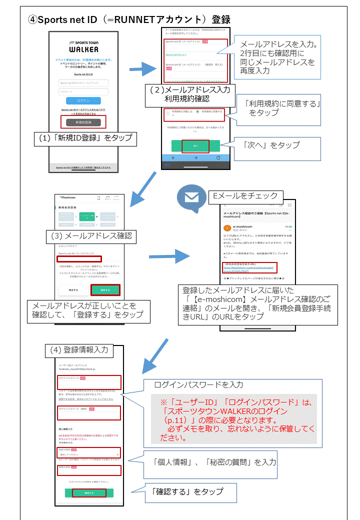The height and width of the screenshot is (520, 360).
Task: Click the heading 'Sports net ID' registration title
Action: [x=129, y=19]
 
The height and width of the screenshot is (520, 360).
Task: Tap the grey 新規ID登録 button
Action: [x=83, y=122]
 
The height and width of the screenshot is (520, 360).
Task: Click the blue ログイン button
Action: [x=83, y=100]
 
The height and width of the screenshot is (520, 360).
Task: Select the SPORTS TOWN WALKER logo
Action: [x=83, y=46]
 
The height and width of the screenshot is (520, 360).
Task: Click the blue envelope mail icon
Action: [x=191, y=197]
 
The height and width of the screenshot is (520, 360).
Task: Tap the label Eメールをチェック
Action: [x=245, y=195]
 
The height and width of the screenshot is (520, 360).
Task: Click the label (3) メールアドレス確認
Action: [x=91, y=235]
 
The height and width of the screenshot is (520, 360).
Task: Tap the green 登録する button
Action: [x=105, y=289]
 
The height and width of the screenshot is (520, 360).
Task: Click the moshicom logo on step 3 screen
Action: [x=70, y=198]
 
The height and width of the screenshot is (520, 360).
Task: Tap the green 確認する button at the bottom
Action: [x=89, y=492]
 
